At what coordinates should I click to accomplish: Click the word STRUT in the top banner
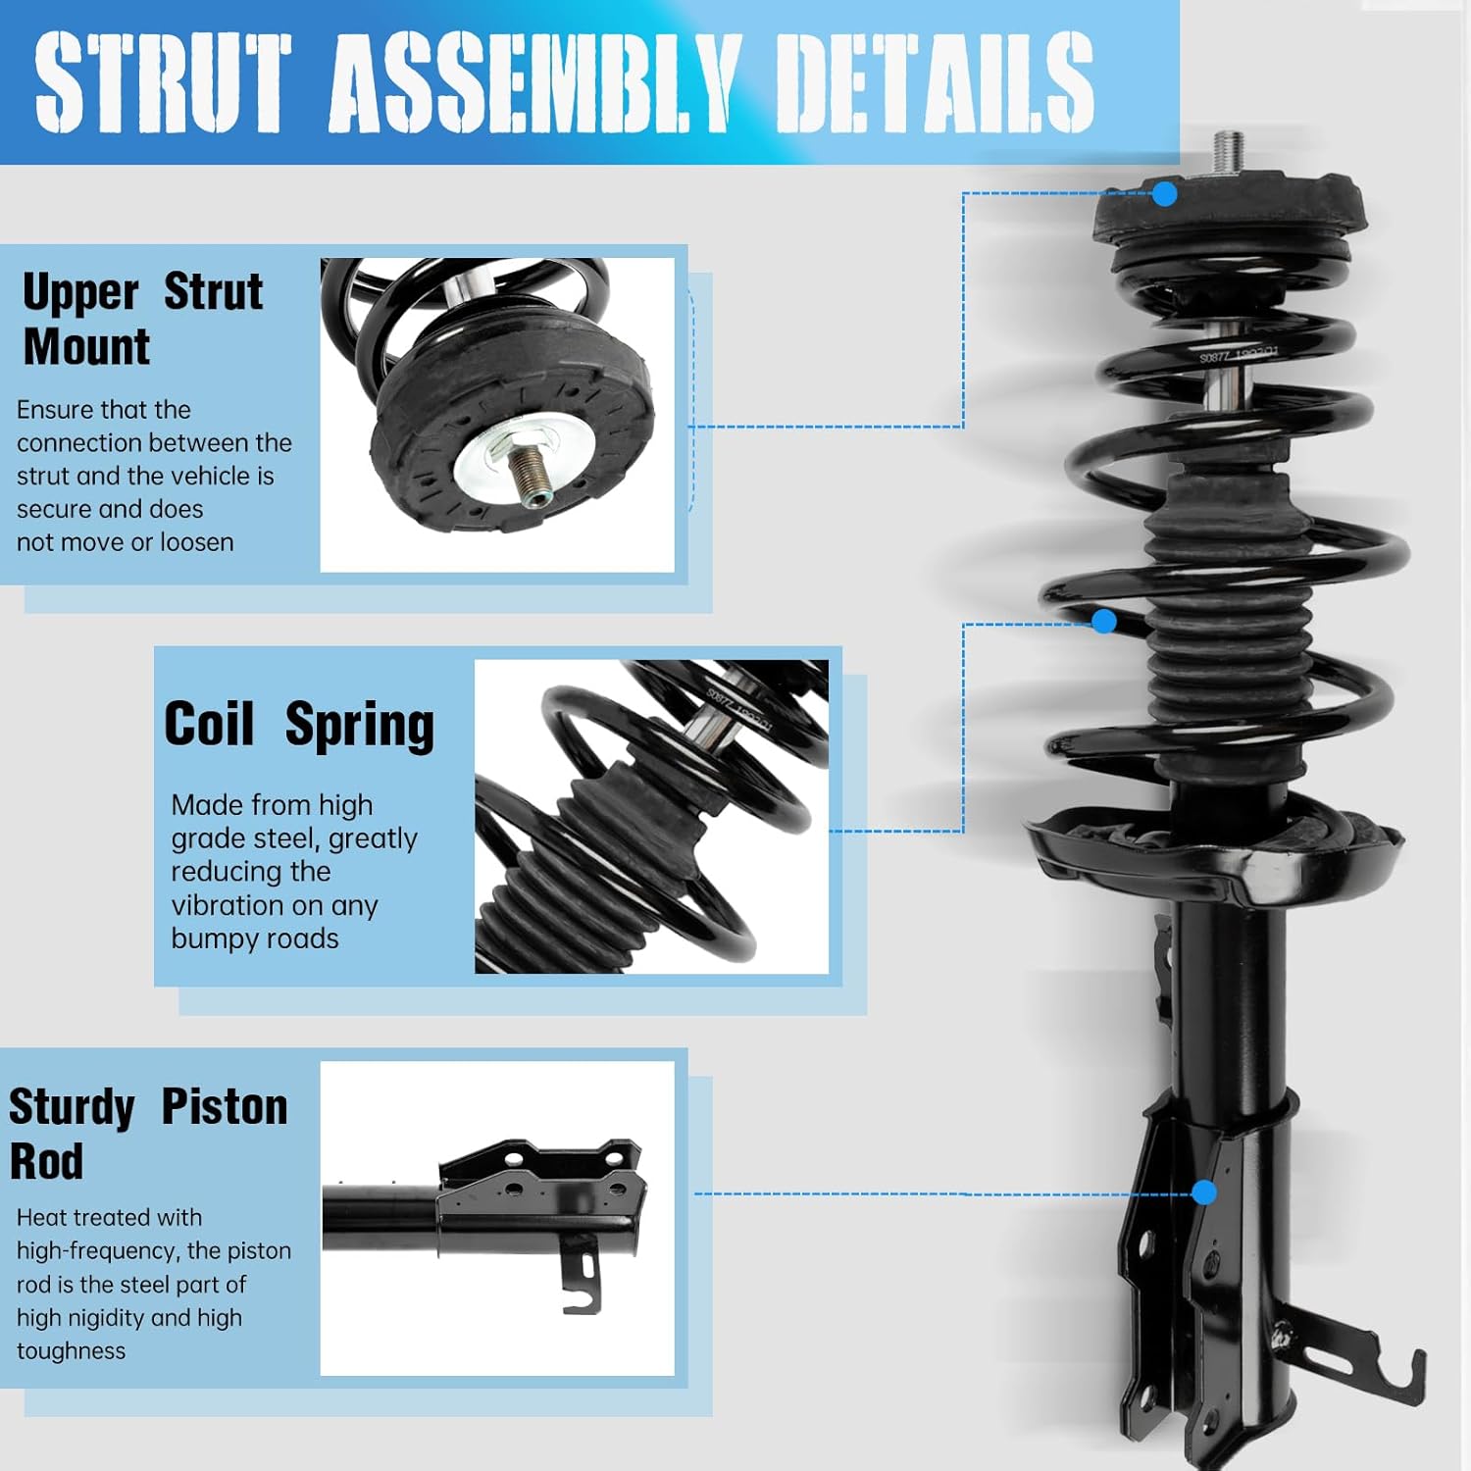coord(162,82)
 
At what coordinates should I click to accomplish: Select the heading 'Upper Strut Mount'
coord(142,319)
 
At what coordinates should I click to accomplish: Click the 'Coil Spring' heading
coord(299,725)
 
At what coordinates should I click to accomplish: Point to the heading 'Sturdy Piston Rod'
coord(147,1133)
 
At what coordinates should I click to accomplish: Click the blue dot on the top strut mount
coord(1164,193)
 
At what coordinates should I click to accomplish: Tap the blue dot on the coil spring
coord(1104,621)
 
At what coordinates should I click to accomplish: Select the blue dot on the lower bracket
coord(1204,1192)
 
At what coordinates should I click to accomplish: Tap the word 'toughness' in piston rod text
coord(71,1351)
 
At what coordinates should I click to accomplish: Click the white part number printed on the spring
coord(1239,355)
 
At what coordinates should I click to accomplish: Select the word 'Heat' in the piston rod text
coord(40,1217)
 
